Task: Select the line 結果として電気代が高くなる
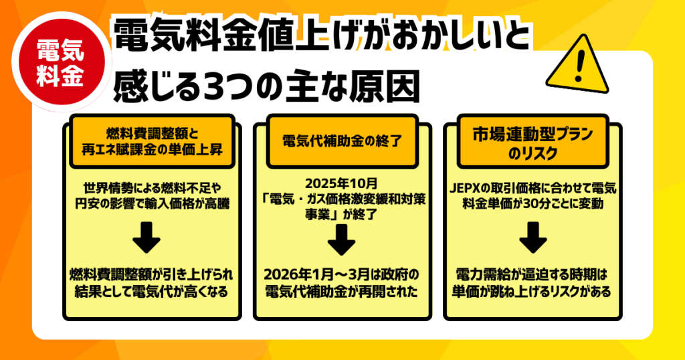tap(151, 291)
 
